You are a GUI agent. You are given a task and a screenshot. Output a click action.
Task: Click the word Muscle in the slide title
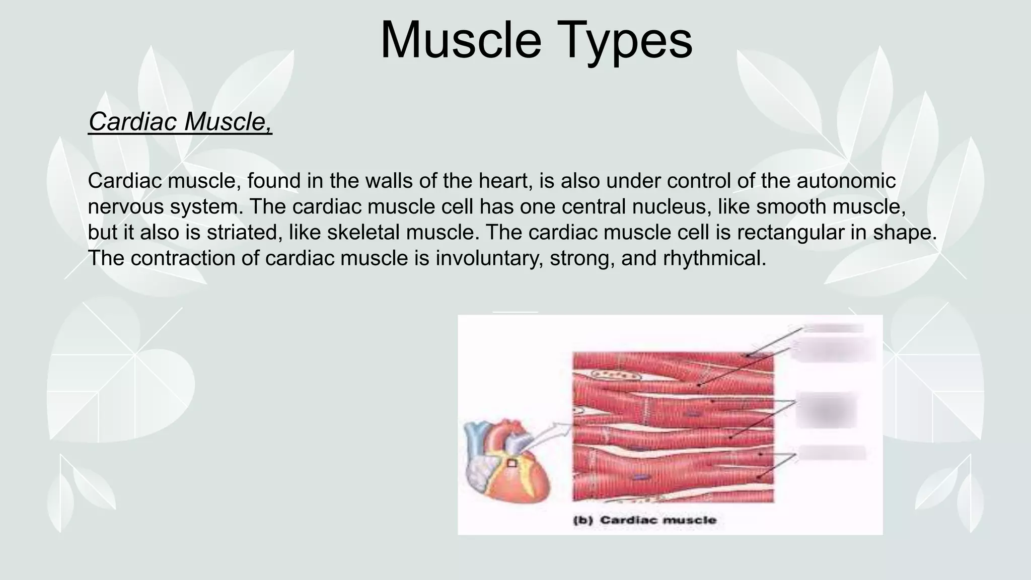[460, 40]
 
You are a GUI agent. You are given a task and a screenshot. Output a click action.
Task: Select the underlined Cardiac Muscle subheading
[180, 121]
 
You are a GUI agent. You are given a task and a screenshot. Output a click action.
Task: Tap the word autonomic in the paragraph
[846, 181]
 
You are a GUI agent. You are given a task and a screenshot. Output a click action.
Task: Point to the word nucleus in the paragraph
[673, 206]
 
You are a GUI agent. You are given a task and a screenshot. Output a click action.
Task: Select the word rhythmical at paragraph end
[714, 258]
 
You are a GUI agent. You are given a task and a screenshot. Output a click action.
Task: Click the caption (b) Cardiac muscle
[645, 520]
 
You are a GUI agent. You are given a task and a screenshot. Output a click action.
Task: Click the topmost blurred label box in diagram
[834, 328]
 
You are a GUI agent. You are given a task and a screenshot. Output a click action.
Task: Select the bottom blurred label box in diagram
[832, 452]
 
